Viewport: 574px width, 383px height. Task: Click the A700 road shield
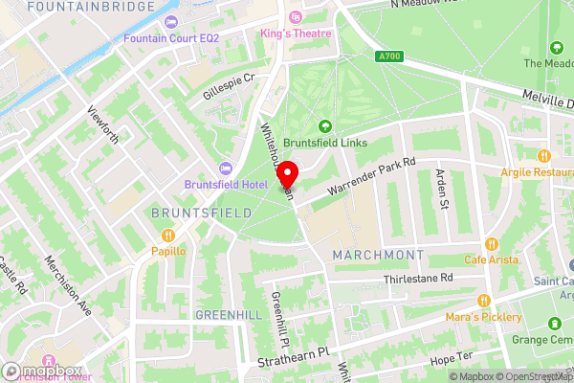(x=389, y=56)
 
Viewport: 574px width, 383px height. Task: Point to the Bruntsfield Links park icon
(x=324, y=125)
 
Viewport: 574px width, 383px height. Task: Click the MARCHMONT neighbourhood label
(x=377, y=255)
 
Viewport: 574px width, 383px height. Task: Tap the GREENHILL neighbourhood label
(x=227, y=314)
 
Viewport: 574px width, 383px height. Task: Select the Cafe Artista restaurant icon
(x=492, y=243)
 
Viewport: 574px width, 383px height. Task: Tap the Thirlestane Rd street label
(x=417, y=278)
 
